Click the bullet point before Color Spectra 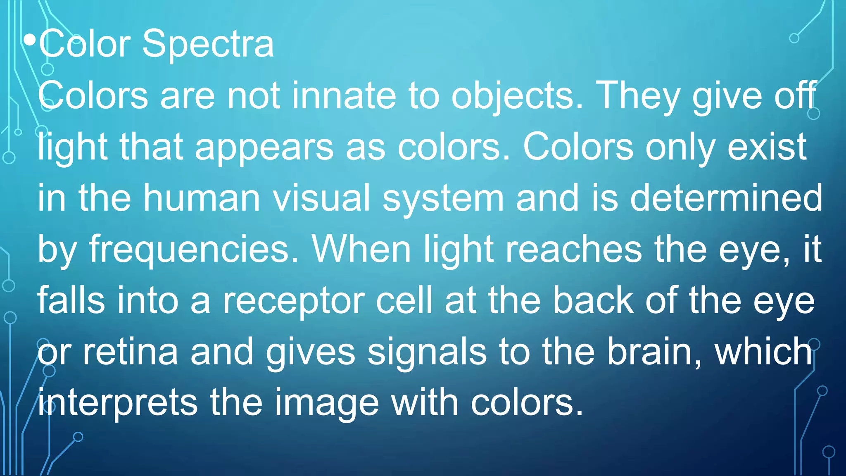(x=30, y=40)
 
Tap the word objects (x=517, y=96)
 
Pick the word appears (x=264, y=148)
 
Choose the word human (x=202, y=198)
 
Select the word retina (x=130, y=352)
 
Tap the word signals (x=427, y=353)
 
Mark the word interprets (x=118, y=404)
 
